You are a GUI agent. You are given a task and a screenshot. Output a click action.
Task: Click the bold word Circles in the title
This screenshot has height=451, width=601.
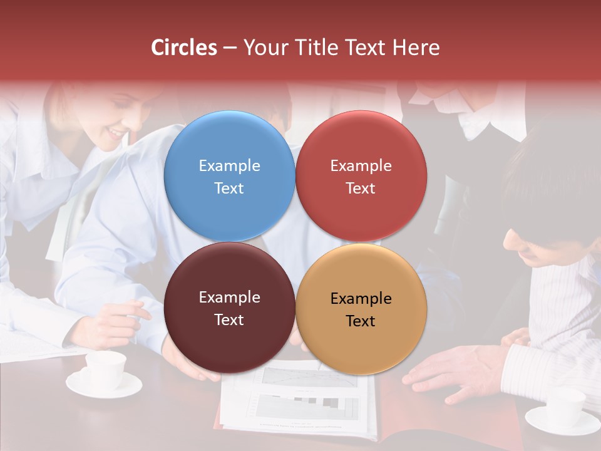pos(184,48)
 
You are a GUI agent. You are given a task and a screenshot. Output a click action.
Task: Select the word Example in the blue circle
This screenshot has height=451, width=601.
pos(229,165)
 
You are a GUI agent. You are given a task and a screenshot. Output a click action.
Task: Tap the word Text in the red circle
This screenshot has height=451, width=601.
pos(361,188)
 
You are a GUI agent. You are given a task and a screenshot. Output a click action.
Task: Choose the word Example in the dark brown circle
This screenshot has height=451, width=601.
pos(229,297)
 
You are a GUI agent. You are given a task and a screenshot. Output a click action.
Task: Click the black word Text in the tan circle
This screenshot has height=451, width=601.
pos(361,321)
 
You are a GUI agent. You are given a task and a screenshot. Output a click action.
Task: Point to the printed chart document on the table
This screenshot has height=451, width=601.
pos(300,401)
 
